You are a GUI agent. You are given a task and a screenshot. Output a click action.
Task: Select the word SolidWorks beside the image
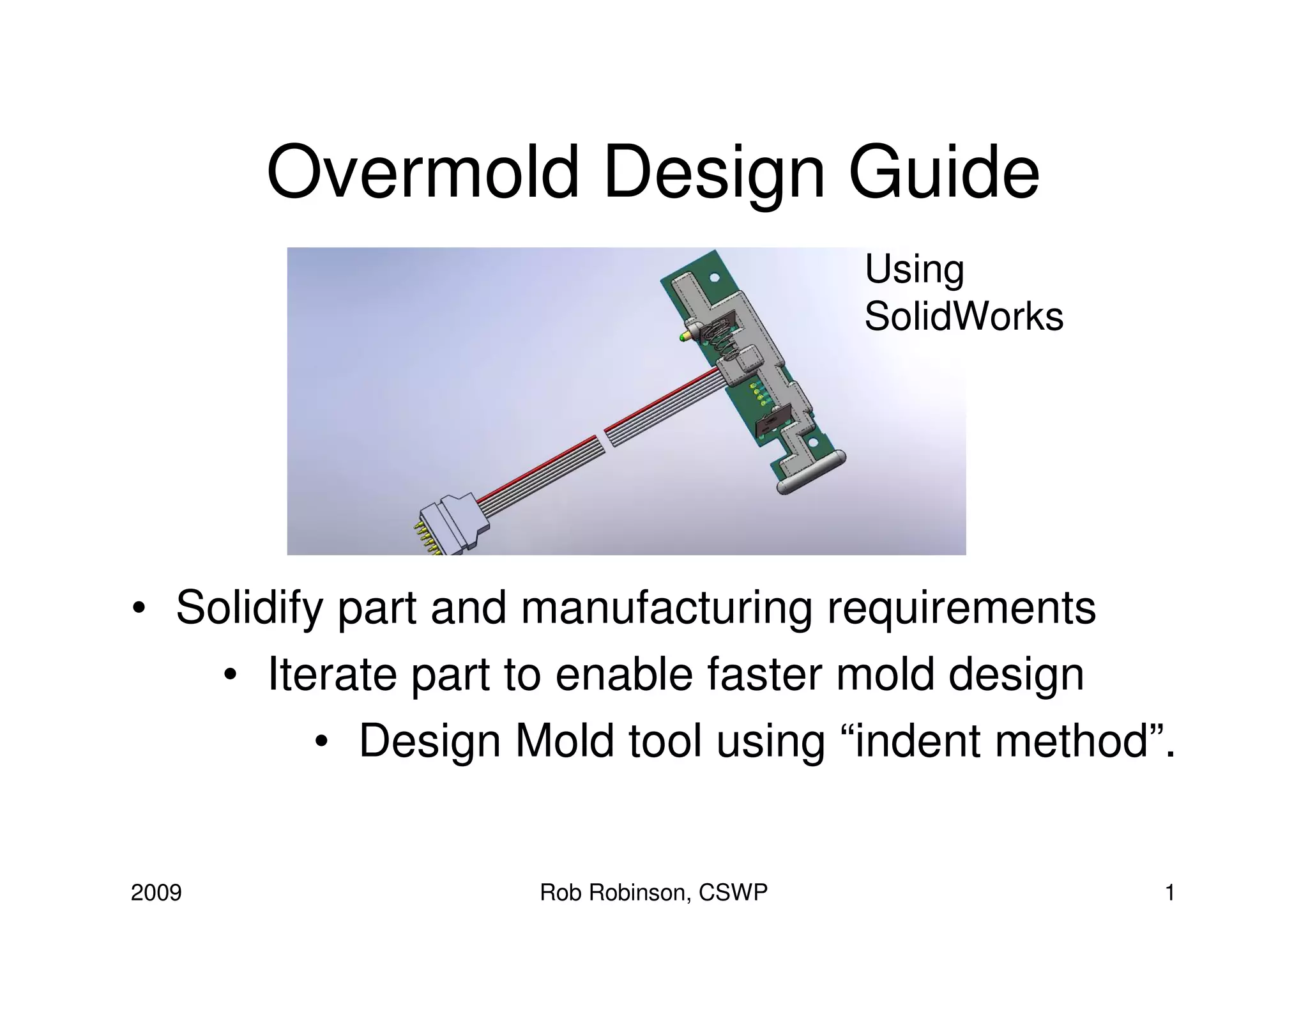[x=963, y=316]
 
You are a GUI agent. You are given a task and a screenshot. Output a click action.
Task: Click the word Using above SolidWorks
[x=914, y=269]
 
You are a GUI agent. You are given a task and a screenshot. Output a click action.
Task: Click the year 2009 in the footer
[x=156, y=893]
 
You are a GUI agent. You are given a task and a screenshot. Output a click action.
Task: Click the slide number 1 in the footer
[x=1170, y=893]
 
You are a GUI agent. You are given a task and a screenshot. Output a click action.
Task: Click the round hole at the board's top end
[x=715, y=278]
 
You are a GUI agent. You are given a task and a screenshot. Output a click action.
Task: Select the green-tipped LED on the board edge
[x=685, y=337]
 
